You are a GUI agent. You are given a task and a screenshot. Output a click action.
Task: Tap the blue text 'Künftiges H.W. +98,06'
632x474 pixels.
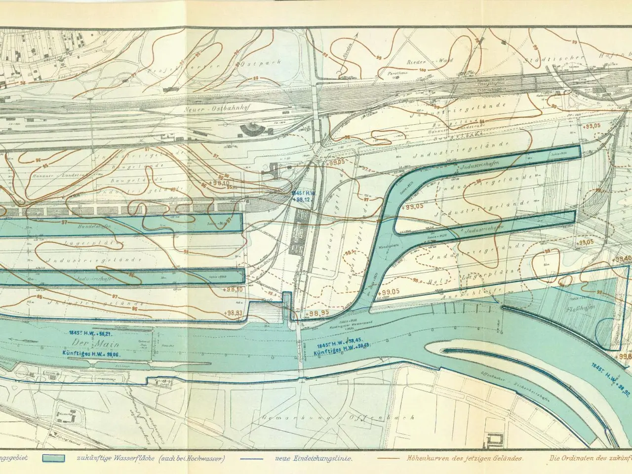(92, 354)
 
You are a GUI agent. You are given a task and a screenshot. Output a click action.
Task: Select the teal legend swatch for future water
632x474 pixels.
(54, 458)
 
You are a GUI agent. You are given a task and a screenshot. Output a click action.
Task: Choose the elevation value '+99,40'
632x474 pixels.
(622, 259)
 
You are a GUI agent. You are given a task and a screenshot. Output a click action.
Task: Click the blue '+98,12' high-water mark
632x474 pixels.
(301, 199)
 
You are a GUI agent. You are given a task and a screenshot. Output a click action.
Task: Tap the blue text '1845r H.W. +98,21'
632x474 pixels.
(89, 333)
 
